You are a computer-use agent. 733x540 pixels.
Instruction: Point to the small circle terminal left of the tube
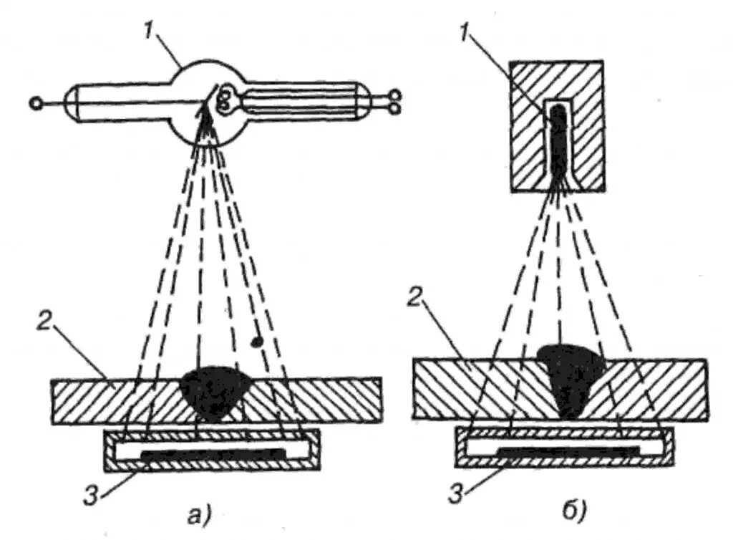click(x=35, y=104)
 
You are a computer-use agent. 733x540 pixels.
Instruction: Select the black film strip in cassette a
click(x=213, y=454)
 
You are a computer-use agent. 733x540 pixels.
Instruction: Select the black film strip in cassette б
click(x=567, y=451)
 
